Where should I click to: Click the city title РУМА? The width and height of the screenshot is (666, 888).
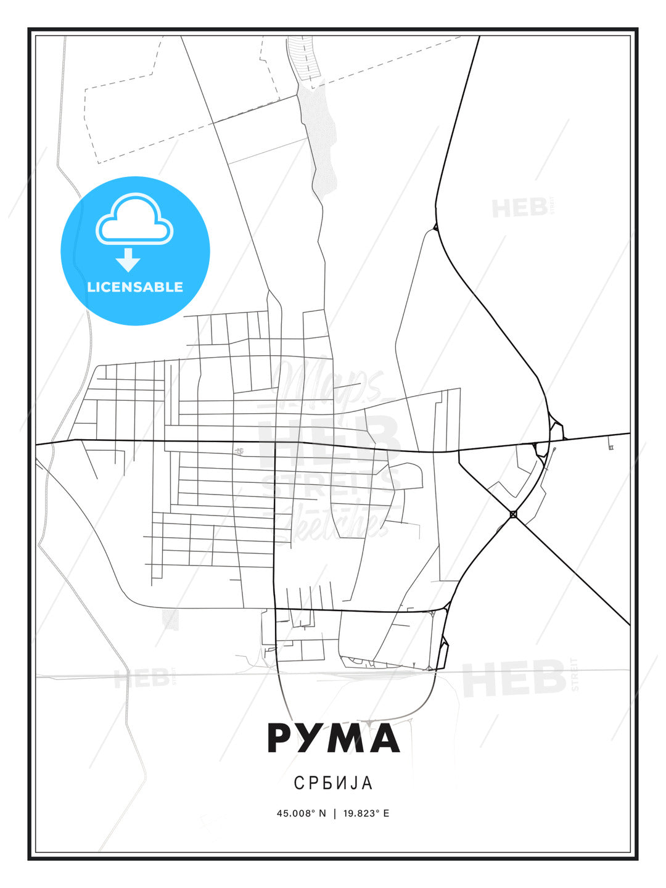[x=333, y=738]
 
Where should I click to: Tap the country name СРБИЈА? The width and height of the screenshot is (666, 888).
[x=333, y=783]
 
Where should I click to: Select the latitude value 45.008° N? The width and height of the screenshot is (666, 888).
[x=301, y=813]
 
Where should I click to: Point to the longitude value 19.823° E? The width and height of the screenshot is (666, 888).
[x=364, y=813]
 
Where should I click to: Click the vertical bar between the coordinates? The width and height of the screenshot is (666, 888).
[x=335, y=813]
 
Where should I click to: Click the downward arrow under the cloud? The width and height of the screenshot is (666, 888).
[x=128, y=260]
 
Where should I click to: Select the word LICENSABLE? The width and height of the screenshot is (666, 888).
[x=135, y=287]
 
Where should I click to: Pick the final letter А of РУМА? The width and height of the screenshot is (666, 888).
[x=382, y=738]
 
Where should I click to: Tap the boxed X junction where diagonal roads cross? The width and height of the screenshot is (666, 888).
[x=513, y=514]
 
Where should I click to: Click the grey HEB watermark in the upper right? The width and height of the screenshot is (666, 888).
[x=519, y=208]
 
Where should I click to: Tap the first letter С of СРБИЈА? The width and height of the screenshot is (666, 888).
[x=298, y=783]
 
